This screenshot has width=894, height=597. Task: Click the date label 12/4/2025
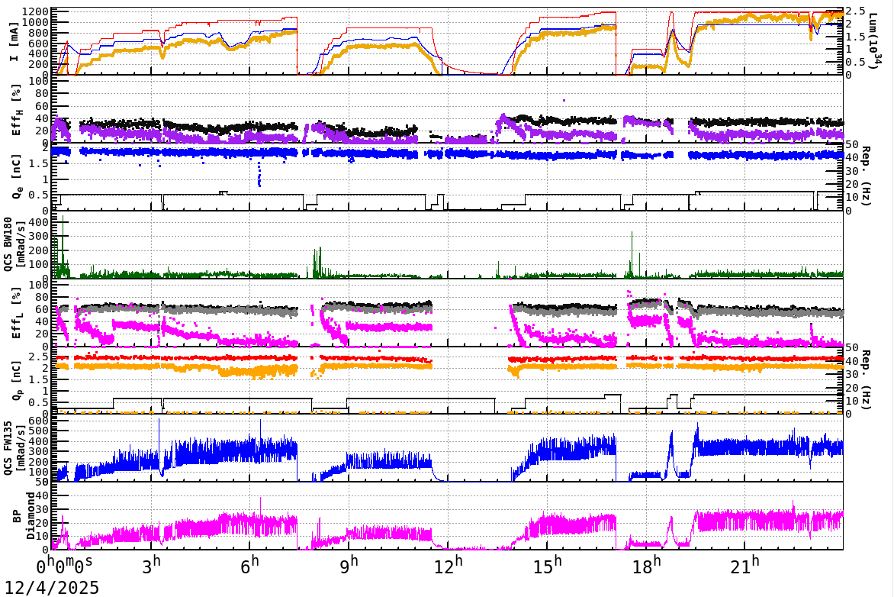[50, 587]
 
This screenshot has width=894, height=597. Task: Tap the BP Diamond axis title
[21, 515]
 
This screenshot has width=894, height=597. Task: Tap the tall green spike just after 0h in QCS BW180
[63, 221]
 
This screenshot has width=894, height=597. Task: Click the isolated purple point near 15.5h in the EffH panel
[564, 100]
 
